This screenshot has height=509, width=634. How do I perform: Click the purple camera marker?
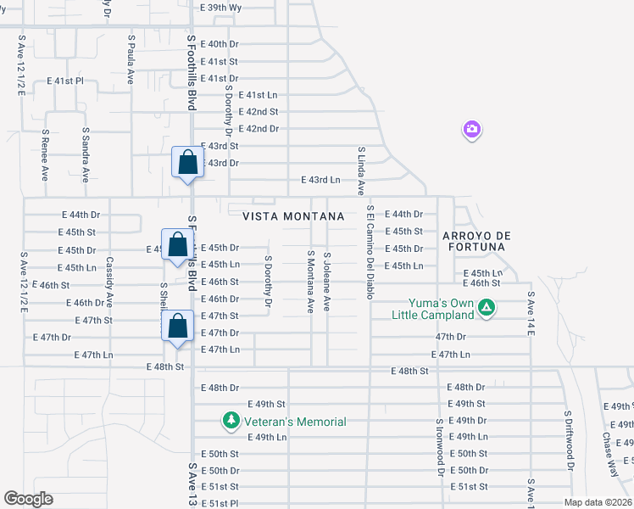472,130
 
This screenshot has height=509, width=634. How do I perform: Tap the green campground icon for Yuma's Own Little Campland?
487,308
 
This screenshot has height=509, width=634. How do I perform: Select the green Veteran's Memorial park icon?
230,420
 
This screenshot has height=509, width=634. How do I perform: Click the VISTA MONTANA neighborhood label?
293,216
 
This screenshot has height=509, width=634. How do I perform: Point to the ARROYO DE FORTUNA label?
473,240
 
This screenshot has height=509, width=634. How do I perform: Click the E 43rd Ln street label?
320,180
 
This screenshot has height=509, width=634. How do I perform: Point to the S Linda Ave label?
361,170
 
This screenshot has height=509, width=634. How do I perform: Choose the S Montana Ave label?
311,281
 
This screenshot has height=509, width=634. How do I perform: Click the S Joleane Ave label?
326,279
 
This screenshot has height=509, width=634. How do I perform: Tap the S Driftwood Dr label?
570,441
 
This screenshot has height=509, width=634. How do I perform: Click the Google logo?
28,499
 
